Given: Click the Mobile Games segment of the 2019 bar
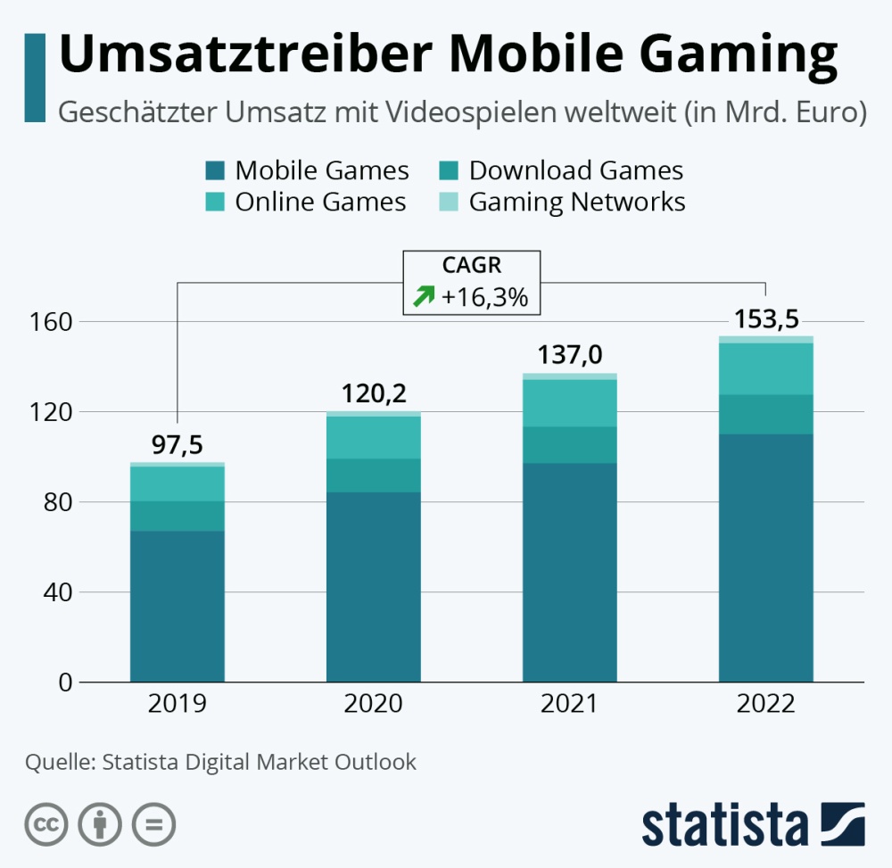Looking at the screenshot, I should [x=177, y=607].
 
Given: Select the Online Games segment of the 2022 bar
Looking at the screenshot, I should [x=765, y=369].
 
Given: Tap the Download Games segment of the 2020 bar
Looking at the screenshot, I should [x=373, y=475].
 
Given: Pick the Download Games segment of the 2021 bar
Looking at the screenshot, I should [x=569, y=444].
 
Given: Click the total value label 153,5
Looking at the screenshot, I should [x=765, y=319].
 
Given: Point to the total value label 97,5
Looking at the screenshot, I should [x=177, y=445].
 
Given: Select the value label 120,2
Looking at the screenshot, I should [x=373, y=393].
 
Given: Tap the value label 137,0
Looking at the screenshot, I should [x=569, y=356].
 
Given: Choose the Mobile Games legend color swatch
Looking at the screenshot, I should [x=215, y=170].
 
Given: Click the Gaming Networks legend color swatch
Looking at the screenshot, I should [x=449, y=203].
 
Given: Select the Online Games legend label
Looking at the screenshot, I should [x=320, y=203].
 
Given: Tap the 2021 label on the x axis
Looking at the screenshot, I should [x=569, y=704].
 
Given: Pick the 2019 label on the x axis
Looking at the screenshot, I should [x=177, y=704].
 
